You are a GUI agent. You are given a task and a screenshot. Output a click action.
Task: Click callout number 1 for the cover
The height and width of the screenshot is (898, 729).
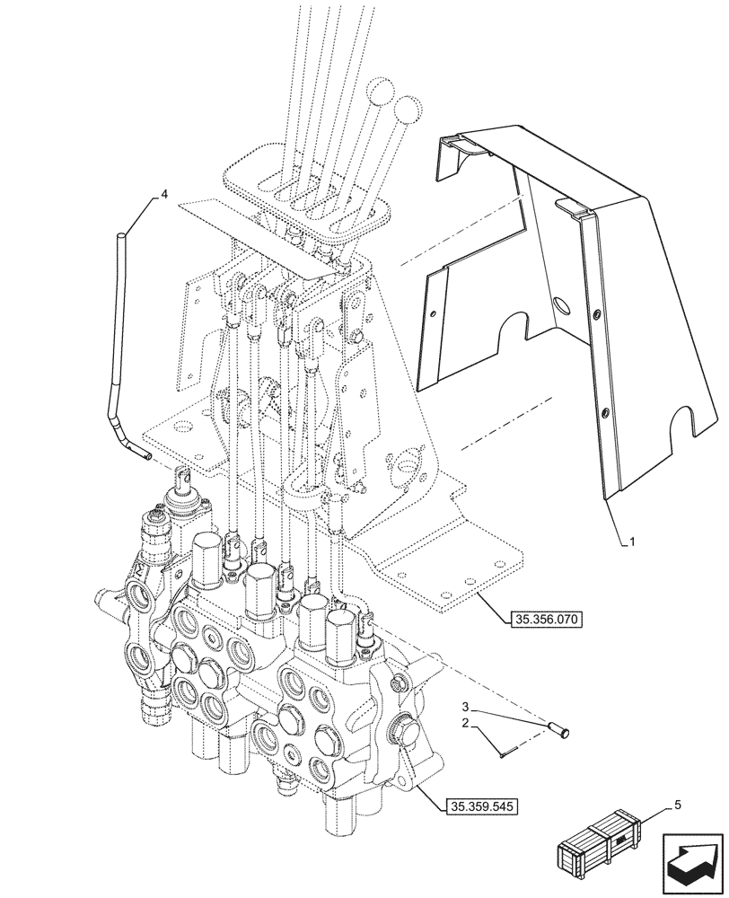click(633, 542)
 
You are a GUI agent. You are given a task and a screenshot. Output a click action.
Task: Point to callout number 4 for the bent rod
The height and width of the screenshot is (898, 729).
click(164, 193)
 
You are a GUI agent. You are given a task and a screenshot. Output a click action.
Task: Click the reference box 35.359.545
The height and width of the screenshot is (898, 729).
click(481, 806)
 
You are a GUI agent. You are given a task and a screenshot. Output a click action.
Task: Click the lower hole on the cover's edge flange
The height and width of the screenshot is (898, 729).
click(605, 413)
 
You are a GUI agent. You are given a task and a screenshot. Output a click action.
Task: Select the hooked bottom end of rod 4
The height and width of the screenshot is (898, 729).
click(144, 456)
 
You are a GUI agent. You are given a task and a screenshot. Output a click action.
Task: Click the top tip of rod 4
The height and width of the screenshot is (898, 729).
click(120, 235)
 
